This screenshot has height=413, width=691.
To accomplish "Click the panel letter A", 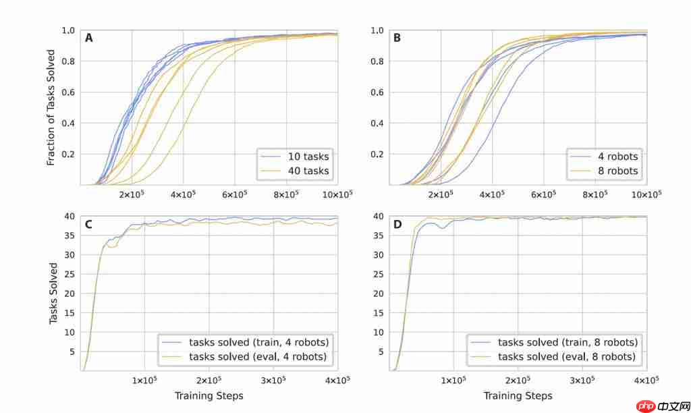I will [88, 38].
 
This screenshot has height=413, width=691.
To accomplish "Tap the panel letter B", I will [397, 38].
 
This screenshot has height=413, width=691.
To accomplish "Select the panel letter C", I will [88, 223].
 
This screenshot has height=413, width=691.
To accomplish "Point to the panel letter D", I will [397, 223].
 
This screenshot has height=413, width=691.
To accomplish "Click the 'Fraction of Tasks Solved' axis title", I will [51, 108].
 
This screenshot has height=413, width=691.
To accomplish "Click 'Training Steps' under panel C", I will [209, 395].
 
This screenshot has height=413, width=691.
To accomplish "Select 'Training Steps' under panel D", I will [518, 395].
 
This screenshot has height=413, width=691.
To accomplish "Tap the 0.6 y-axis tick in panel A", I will [68, 92].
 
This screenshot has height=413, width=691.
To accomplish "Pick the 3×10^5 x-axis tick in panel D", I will [582, 381].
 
